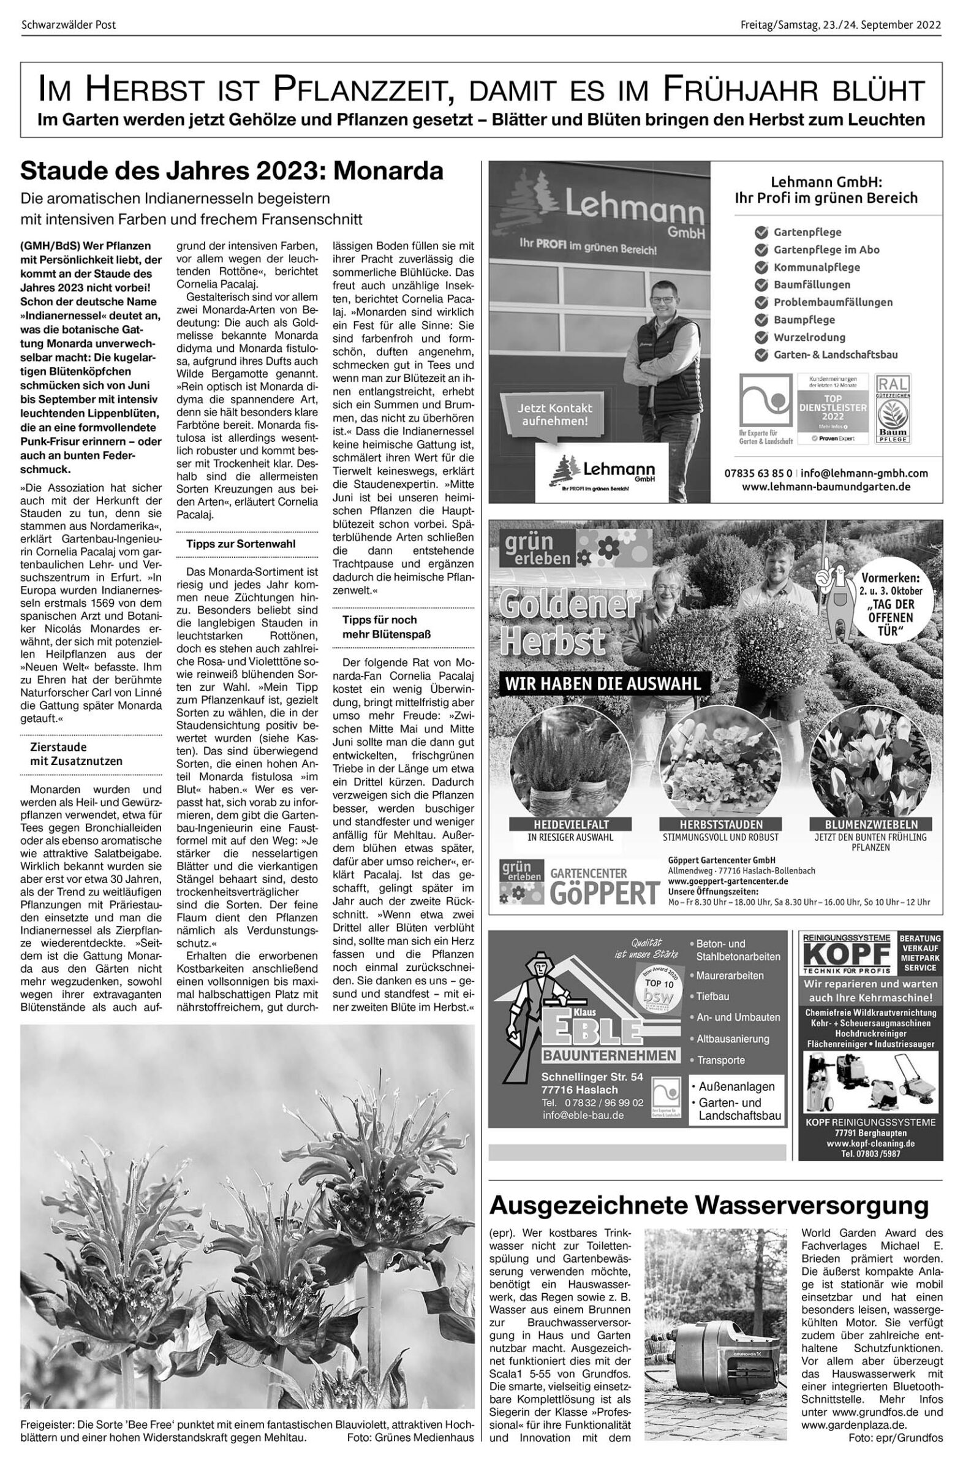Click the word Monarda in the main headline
click(388, 171)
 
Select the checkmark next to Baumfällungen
click(761, 285)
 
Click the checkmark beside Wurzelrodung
click(761, 338)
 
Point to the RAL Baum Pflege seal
click(893, 408)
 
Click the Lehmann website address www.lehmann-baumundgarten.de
click(826, 487)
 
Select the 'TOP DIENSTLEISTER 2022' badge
click(833, 408)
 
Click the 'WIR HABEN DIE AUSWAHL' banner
click(603, 684)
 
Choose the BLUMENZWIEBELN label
click(871, 824)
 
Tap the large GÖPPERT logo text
click(604, 893)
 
